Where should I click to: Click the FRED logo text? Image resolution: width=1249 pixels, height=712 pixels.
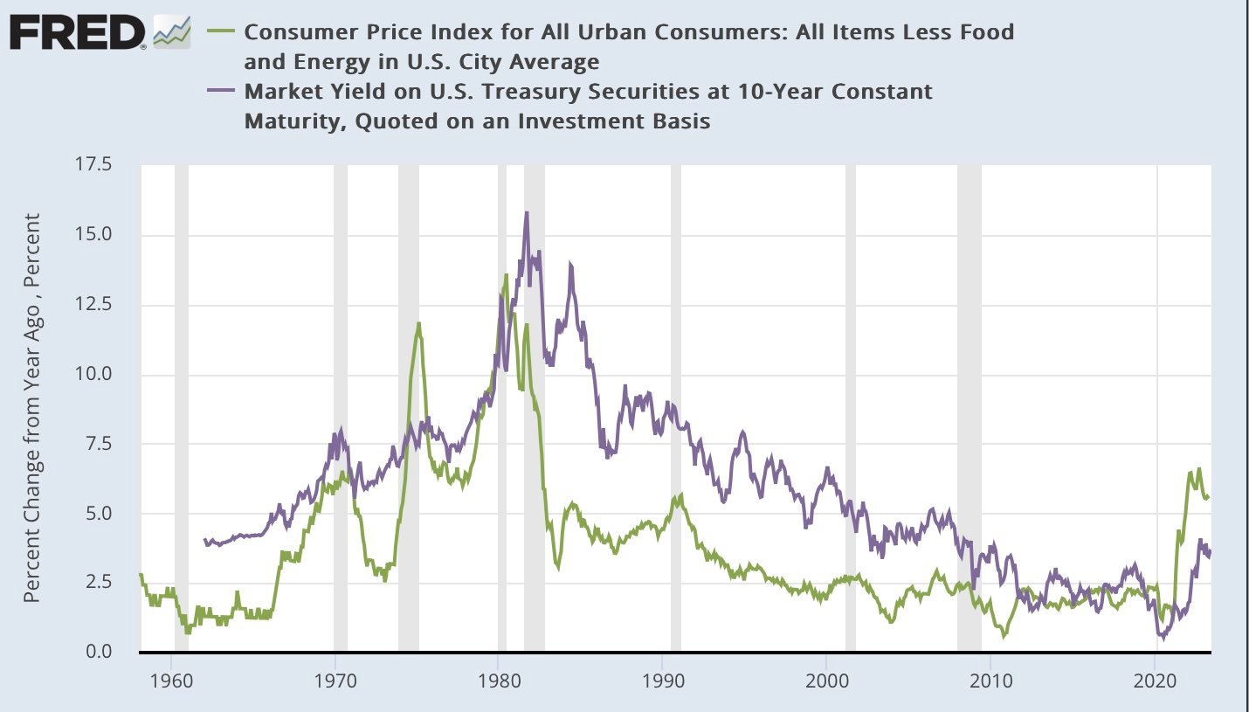click(77, 33)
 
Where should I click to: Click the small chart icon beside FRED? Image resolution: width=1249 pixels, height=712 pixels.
click(171, 32)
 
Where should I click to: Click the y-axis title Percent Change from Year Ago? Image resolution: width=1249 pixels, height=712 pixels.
click(32, 409)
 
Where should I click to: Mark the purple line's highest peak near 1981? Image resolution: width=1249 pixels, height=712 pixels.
click(527, 212)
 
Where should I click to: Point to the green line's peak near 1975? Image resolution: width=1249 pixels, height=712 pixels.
click(419, 323)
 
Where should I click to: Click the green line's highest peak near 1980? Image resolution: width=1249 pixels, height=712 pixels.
click(506, 275)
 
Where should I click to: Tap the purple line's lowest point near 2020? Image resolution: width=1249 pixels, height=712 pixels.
click(1163, 638)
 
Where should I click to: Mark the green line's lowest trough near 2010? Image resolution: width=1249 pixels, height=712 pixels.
click(1004, 637)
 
